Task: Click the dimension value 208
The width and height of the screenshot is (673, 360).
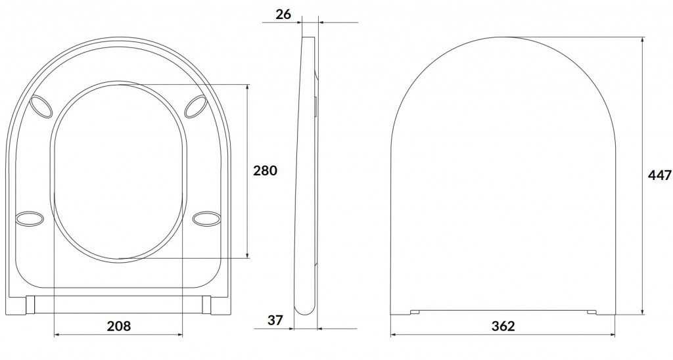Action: pyautogui.click(x=118, y=326)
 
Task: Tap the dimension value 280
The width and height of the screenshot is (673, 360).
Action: pyautogui.click(x=265, y=171)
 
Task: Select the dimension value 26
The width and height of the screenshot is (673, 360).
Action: pyautogui.click(x=283, y=14)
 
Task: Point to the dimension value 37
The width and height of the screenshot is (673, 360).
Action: pyautogui.click(x=275, y=320)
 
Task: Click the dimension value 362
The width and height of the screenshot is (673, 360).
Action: pyautogui.click(x=503, y=326)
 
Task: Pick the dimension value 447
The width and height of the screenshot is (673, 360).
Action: pyautogui.click(x=660, y=175)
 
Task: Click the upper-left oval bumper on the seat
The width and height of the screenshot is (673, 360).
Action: pyautogui.click(x=41, y=106)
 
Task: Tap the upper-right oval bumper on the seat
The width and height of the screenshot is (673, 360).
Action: pyautogui.click(x=196, y=106)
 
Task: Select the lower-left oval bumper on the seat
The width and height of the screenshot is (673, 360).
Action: pyautogui.click(x=30, y=218)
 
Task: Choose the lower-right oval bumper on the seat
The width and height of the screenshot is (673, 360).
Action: pyautogui.click(x=206, y=218)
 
